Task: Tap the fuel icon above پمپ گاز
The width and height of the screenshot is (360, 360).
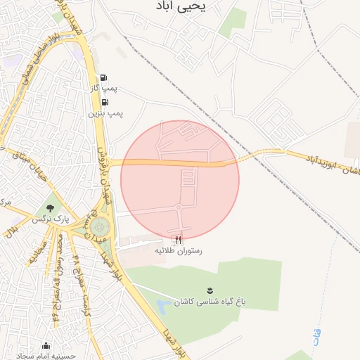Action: (104, 78)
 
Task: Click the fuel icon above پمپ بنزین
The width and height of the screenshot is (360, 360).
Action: (105, 102)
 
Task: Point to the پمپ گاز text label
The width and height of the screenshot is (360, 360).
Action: (107, 89)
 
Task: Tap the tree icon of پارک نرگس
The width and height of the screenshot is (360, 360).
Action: (50, 208)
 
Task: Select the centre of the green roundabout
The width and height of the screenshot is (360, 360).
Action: (99, 227)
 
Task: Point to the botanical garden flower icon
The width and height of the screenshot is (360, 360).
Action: (210, 289)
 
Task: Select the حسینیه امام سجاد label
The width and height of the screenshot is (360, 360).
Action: (45, 356)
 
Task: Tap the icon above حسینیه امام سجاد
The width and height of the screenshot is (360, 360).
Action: (46, 345)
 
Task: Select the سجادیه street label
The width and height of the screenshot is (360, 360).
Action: (34, 253)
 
